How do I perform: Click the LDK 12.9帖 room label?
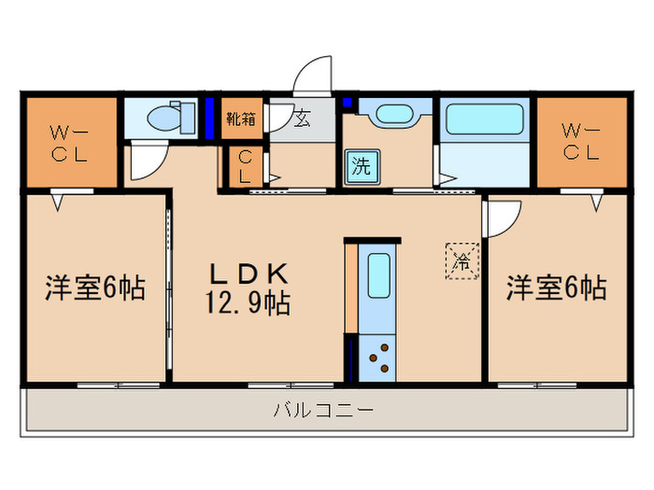(x=249, y=288)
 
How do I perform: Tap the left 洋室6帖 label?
(x=95, y=288)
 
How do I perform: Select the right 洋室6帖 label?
(x=557, y=288)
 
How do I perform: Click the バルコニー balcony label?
(x=323, y=409)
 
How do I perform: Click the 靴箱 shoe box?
(x=241, y=119)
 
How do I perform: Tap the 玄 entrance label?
(x=303, y=119)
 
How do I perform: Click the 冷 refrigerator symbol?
(x=462, y=259)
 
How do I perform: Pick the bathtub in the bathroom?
(x=484, y=120)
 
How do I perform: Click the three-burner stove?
(x=379, y=357)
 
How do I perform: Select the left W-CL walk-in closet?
(x=69, y=142)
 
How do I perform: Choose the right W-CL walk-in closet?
(x=580, y=142)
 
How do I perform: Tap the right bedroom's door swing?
(x=501, y=219)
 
